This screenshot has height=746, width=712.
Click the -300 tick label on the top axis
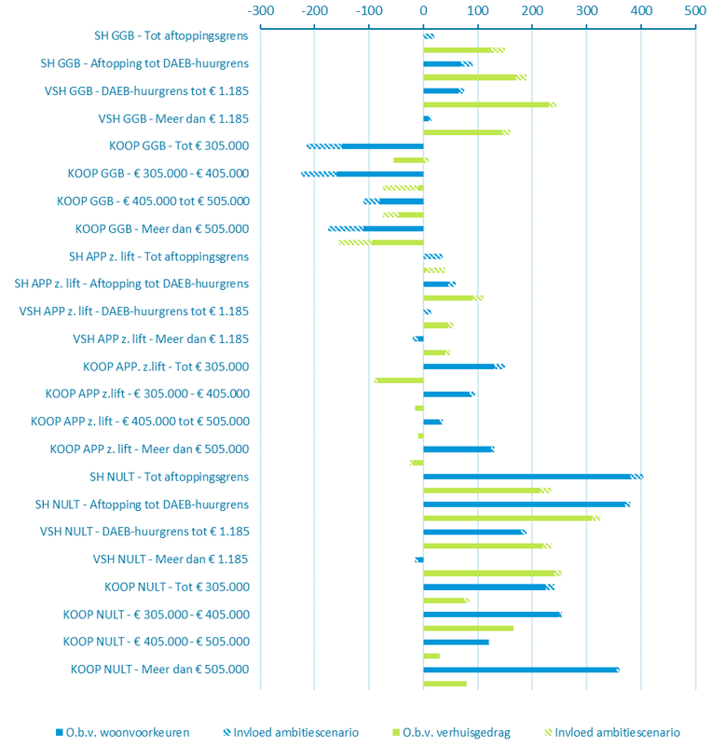(x=260, y=10)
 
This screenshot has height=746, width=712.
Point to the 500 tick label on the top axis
(x=694, y=10)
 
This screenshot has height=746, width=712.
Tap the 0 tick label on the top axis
(x=423, y=10)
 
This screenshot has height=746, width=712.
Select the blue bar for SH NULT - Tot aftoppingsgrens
(x=527, y=477)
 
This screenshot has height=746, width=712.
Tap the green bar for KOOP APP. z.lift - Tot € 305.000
(x=400, y=380)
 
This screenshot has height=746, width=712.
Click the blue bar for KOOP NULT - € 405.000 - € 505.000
(x=456, y=642)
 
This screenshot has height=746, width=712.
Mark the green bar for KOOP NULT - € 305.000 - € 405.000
(x=468, y=629)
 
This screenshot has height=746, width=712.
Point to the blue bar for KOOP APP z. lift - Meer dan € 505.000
(x=458, y=449)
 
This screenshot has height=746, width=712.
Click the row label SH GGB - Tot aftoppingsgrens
(x=171, y=36)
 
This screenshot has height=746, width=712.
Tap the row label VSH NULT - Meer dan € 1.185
(x=171, y=559)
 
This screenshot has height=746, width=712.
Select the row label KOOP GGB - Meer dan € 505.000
(x=162, y=229)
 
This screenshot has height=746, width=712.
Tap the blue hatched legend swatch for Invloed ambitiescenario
(x=224, y=732)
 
